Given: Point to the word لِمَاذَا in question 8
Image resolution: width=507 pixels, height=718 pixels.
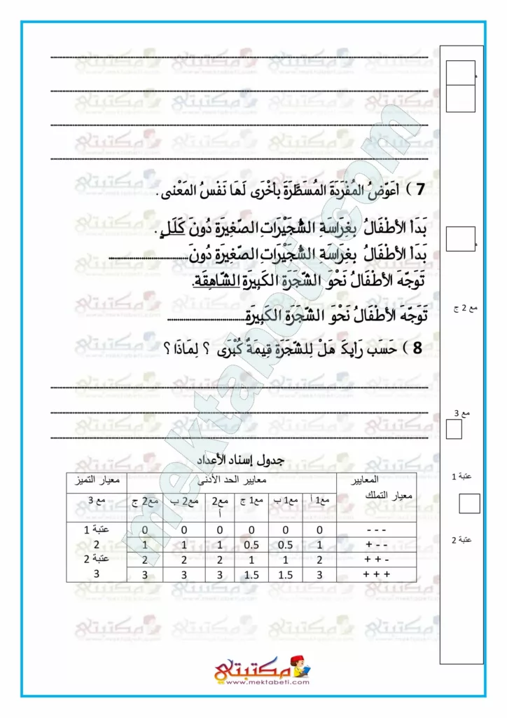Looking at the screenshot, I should [x=183, y=348].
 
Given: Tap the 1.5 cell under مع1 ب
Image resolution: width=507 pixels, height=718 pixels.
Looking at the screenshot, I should [x=286, y=573].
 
